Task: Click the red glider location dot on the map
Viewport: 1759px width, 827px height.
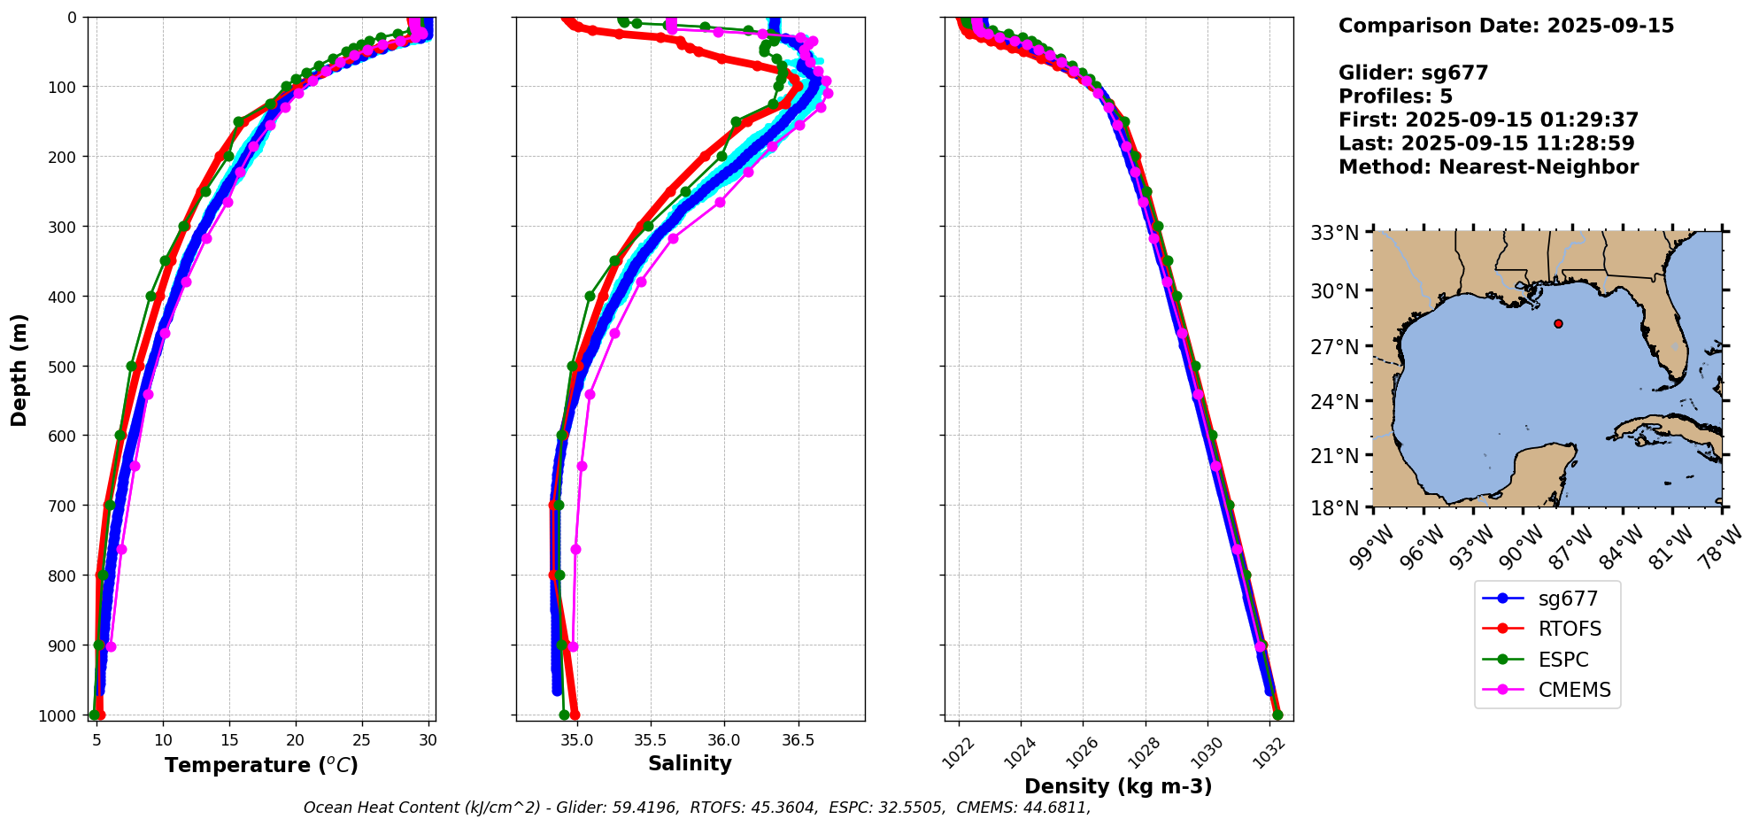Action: point(1558,323)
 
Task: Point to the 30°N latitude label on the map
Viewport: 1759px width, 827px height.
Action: point(1334,291)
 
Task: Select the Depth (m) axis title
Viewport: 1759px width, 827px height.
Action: point(19,369)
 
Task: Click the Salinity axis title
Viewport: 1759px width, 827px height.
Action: point(690,764)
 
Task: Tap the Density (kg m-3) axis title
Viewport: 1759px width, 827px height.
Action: point(1118,786)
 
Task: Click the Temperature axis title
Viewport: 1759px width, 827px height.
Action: point(261,765)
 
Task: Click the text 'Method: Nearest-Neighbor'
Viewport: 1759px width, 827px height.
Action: point(1488,167)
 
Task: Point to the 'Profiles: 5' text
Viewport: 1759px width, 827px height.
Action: point(1395,97)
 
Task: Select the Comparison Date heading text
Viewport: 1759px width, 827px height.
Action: point(1506,26)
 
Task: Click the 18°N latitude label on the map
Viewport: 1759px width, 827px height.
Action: point(1334,508)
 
